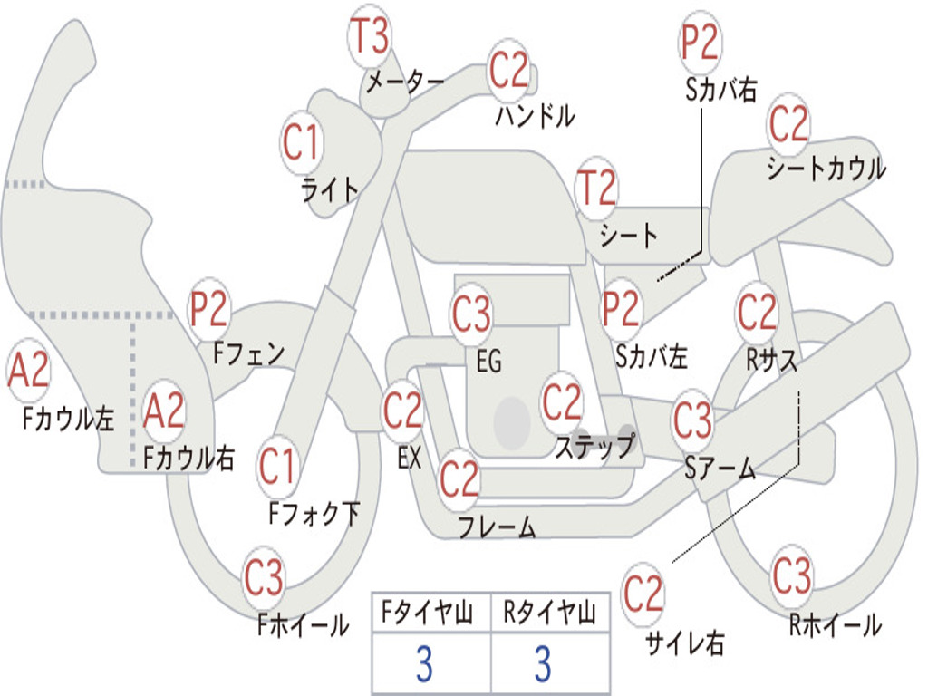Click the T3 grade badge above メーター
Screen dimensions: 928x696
[370, 35]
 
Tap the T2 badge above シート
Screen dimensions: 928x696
[596, 188]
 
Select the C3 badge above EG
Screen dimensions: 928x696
[471, 313]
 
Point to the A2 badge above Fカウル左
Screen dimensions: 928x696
[28, 370]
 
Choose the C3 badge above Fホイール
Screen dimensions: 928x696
[264, 576]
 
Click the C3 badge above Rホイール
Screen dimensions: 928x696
[790, 574]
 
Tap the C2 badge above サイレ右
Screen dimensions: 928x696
[643, 593]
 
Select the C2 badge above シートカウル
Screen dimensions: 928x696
[788, 123]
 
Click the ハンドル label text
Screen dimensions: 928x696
[535, 115]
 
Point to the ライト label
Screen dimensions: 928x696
[330, 190]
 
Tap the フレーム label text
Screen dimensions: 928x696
[498, 527]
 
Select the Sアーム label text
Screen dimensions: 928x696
[720, 469]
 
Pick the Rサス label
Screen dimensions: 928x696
[771, 359]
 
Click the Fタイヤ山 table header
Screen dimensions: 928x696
[427, 613]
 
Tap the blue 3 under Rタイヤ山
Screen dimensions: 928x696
[544, 664]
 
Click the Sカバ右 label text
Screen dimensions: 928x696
[720, 90]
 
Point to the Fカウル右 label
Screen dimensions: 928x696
[188, 457]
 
